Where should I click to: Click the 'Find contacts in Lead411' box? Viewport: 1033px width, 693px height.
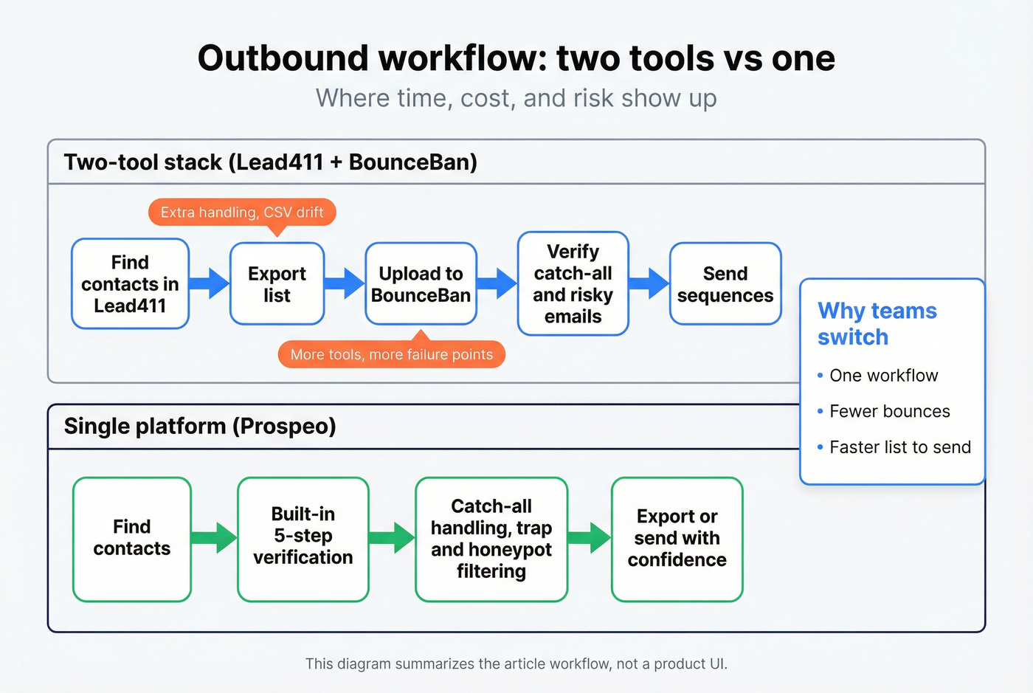pos(130,284)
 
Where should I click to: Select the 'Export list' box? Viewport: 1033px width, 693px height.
pos(277,284)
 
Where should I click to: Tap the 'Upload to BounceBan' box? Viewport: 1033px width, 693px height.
pos(421,284)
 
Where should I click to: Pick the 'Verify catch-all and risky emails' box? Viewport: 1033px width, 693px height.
pos(573,284)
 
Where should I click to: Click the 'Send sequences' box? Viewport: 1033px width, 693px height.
pos(725,284)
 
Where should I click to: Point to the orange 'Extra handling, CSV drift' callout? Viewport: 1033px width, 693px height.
pos(242,213)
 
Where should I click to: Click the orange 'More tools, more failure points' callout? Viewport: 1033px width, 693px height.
pos(391,354)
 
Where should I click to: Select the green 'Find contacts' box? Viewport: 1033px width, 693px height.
pos(132,539)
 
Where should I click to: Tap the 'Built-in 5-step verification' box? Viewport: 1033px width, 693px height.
pos(303,539)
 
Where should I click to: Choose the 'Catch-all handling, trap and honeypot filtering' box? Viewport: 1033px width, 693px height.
pos(491,539)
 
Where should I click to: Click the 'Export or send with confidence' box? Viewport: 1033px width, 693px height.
pos(677,539)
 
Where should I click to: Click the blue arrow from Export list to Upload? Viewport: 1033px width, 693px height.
pos(345,283)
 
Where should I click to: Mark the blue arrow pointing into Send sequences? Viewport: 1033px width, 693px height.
pos(649,283)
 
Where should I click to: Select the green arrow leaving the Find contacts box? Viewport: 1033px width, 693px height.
pos(214,538)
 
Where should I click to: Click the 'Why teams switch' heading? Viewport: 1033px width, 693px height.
pos(877,324)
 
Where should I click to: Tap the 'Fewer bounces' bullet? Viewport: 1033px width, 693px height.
pos(889,412)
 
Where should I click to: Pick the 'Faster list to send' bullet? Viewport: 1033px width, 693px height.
pos(899,447)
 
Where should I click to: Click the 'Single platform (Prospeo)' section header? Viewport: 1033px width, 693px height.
pos(200,427)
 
